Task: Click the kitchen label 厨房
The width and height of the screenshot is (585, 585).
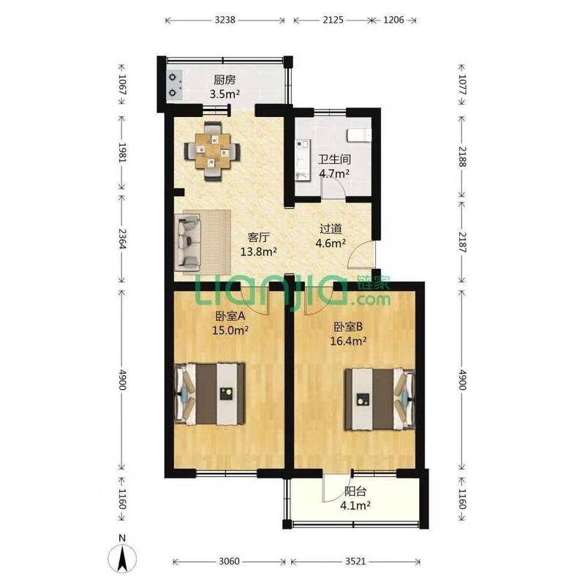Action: pos(224,80)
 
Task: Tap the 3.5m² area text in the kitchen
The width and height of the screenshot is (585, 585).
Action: pos(224,94)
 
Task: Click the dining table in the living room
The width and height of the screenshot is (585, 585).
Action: pos(212,151)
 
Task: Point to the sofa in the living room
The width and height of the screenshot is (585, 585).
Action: pos(189,244)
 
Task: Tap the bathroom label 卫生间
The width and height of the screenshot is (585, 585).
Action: pos(334,159)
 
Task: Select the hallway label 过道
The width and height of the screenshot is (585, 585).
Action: pos(331,229)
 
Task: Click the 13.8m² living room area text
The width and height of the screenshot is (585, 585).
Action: pos(259,252)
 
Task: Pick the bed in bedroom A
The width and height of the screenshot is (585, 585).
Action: pos(210,393)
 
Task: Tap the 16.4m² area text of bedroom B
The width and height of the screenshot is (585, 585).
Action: pos(348,341)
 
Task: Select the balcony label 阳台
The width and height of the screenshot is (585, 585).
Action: pos(355,491)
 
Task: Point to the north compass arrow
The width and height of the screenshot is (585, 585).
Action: pos(122,557)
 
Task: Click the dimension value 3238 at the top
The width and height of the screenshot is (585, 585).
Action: pos(225,20)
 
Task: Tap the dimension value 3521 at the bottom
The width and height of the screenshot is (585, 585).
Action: pos(355,561)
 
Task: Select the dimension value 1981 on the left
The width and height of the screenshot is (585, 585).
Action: pos(122,152)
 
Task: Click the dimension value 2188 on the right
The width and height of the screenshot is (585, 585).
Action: pos(462,156)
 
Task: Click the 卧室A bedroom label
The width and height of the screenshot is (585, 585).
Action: pos(230,316)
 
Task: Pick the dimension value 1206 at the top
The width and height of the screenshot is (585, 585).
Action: pos(393,20)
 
